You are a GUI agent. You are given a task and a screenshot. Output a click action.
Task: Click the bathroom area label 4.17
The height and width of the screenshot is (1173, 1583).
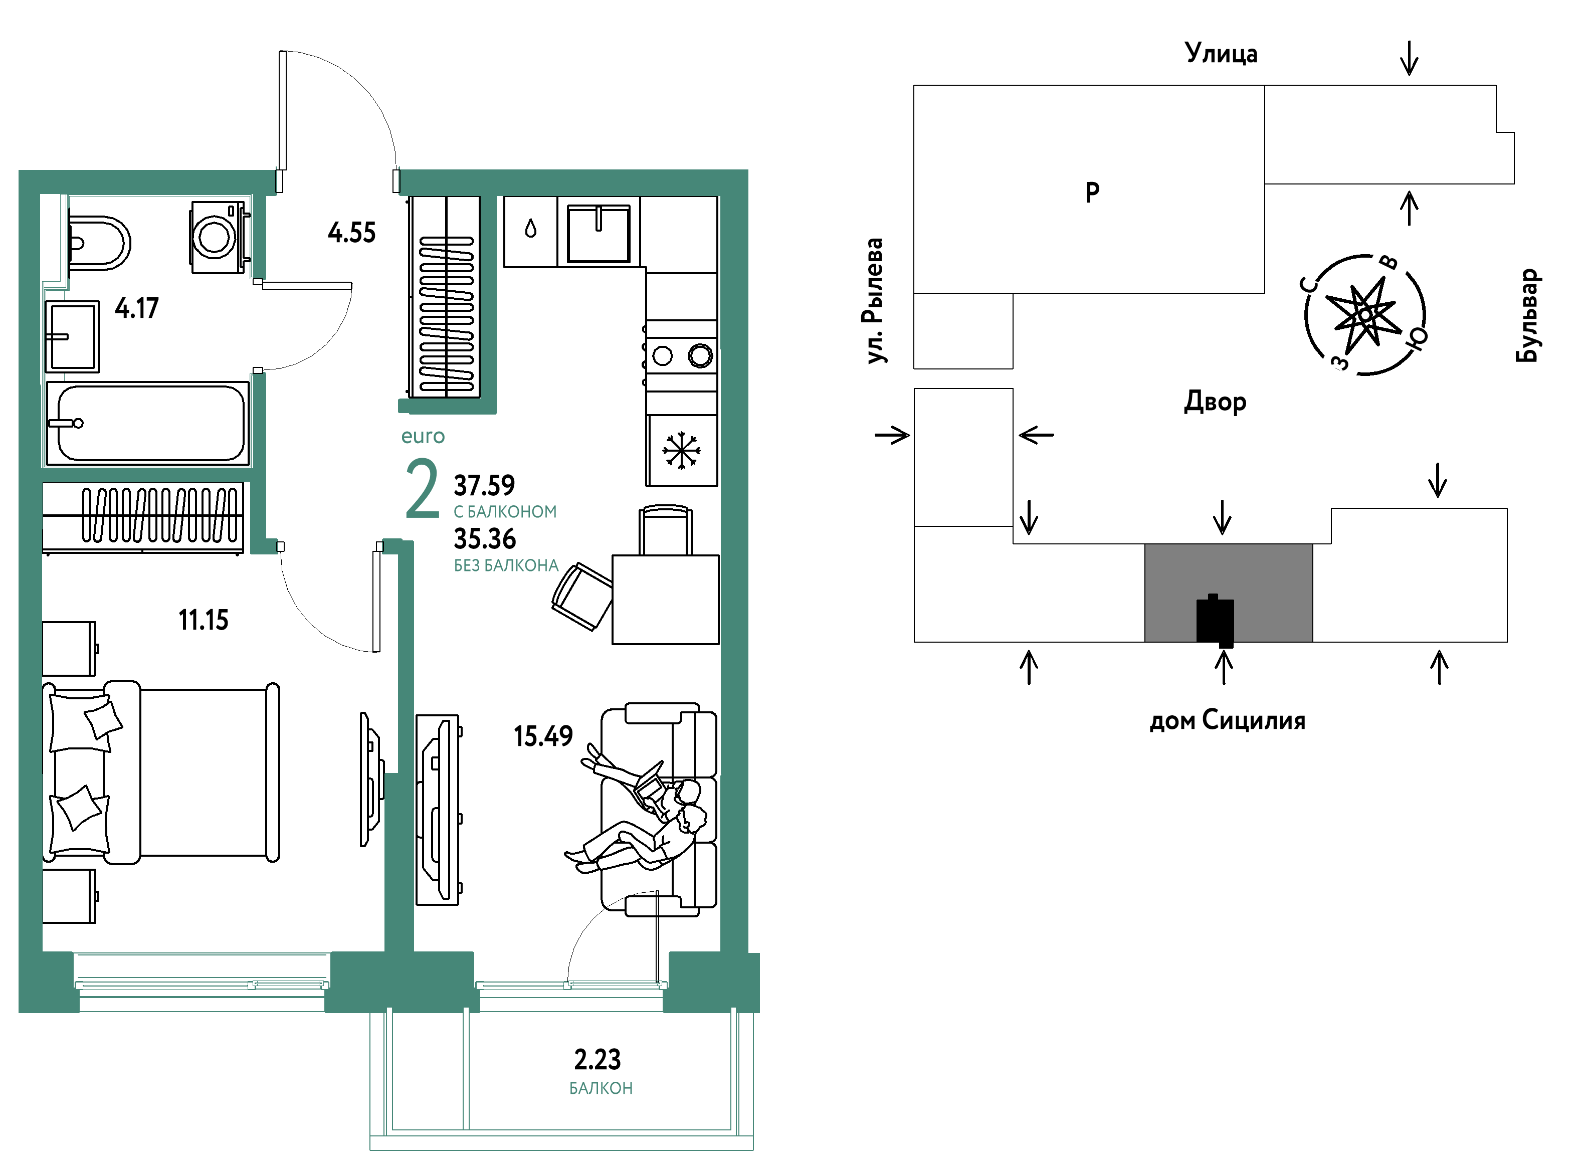point(137,308)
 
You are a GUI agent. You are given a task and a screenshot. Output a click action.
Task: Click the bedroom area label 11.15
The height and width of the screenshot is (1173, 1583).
point(203,620)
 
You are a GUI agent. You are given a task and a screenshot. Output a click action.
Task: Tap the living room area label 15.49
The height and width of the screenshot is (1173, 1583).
point(543,736)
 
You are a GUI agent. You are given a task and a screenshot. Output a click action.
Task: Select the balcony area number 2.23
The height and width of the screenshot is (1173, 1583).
point(597,1059)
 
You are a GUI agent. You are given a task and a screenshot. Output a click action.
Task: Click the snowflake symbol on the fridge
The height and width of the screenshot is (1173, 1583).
point(681,450)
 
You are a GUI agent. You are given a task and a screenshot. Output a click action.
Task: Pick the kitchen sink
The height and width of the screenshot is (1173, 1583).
point(599,233)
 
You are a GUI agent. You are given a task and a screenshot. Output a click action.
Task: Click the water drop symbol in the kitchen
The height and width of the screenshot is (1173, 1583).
point(530,229)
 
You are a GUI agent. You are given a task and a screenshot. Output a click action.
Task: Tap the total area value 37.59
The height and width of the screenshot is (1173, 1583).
point(484,486)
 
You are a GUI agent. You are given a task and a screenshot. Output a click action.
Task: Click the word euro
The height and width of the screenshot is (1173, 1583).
point(423,436)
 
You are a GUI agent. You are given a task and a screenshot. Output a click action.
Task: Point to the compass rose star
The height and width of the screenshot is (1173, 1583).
point(1365,314)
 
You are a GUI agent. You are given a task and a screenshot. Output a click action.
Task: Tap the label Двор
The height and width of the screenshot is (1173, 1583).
point(1215,402)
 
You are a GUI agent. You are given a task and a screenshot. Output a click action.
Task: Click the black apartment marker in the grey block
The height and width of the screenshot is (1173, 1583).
point(1215,621)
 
